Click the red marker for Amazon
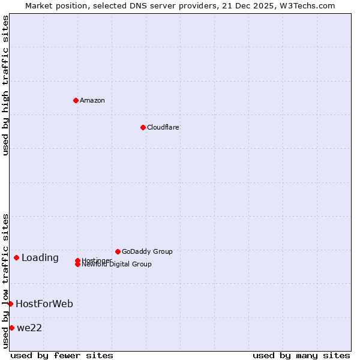pyautogui.click(x=76, y=100)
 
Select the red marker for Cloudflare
pyautogui.click(x=143, y=127)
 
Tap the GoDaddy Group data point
pyautogui.click(x=118, y=251)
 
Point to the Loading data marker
pyautogui.click(x=16, y=257)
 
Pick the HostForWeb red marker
pyautogui.click(x=10, y=304)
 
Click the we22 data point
pyautogui.click(x=11, y=328)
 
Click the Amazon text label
pyautogui.click(x=92, y=100)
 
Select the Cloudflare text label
pyautogui.click(x=163, y=127)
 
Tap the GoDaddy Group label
pyautogui.click(x=147, y=251)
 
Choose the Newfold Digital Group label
pyautogui.click(x=117, y=265)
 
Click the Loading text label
pyautogui.click(x=40, y=258)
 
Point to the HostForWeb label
pyautogui.click(x=44, y=304)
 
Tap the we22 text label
pyautogui.click(x=29, y=328)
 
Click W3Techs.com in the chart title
pyautogui.click(x=308, y=6)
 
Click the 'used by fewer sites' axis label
pyautogui.click(x=62, y=355)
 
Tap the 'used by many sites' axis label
pyautogui.click(x=301, y=355)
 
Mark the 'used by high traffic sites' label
pyautogui.click(x=6, y=86)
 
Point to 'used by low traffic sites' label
pyautogui.click(x=6, y=281)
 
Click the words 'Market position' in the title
pyautogui.click(x=55, y=6)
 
